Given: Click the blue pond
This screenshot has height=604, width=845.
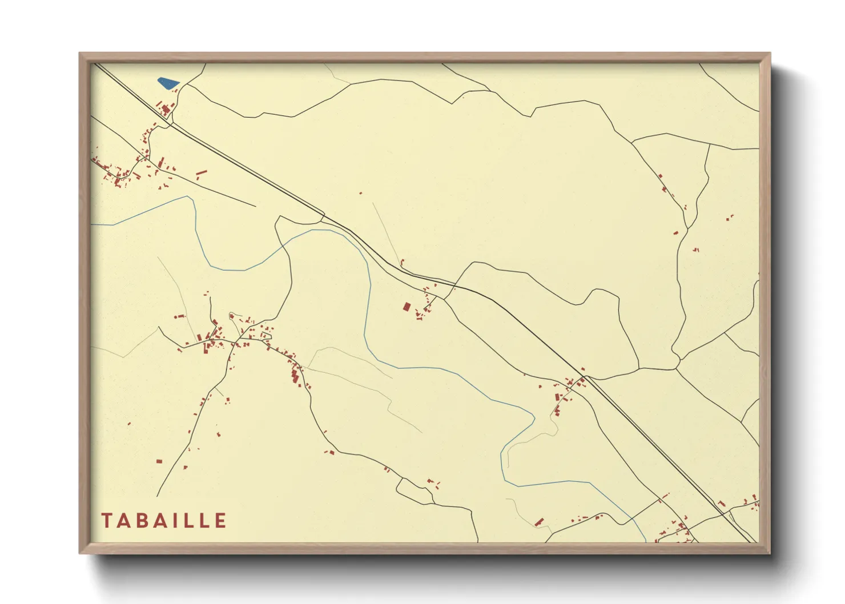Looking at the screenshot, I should [x=168, y=83].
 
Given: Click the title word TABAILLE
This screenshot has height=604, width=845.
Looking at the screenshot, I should [x=164, y=521].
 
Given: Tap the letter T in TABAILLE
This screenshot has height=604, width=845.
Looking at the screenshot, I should [x=107, y=521].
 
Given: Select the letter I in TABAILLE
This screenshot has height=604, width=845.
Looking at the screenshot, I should [x=175, y=521].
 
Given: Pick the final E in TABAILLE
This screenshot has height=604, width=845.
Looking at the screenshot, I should [x=220, y=521].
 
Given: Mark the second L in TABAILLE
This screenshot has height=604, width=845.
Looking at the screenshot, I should [x=204, y=521].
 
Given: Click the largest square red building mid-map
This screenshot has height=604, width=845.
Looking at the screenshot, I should [x=407, y=307].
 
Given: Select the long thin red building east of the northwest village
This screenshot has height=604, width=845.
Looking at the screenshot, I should [x=201, y=172].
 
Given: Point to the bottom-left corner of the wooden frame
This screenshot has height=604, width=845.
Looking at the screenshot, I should [x=81, y=552].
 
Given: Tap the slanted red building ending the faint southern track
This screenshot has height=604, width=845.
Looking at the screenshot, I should [x=539, y=522].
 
